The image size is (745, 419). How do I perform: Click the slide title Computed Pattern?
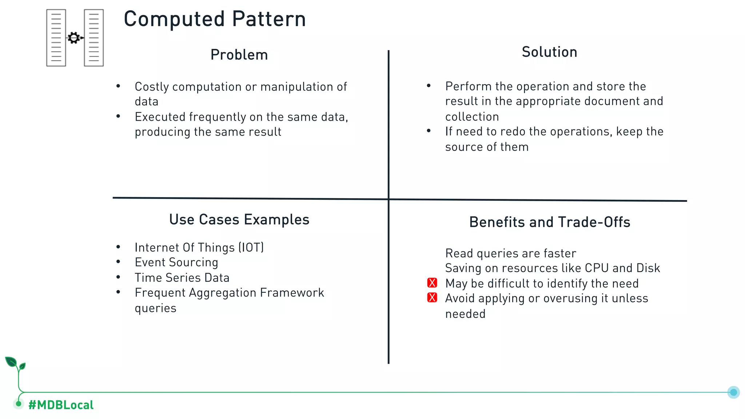(215, 19)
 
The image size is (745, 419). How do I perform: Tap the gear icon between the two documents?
(74, 38)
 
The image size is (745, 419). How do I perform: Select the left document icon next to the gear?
(56, 38)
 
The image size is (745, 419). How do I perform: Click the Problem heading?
(239, 55)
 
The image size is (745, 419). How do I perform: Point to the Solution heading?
(549, 52)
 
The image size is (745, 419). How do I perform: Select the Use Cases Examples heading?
(239, 220)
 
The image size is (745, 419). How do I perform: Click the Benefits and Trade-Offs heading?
(549, 222)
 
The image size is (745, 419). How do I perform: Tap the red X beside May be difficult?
(432, 283)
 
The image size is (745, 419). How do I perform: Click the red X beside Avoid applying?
(432, 298)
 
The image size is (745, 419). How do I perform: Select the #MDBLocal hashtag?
(61, 405)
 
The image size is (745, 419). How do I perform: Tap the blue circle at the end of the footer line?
(733, 392)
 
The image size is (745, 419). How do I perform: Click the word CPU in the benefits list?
(597, 268)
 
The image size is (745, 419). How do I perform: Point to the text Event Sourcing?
(176, 262)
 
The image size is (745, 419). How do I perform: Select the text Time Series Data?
(182, 278)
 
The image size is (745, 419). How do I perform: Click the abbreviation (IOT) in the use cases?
(251, 248)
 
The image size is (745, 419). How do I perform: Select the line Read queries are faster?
(510, 253)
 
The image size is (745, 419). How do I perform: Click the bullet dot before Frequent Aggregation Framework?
(118, 292)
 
